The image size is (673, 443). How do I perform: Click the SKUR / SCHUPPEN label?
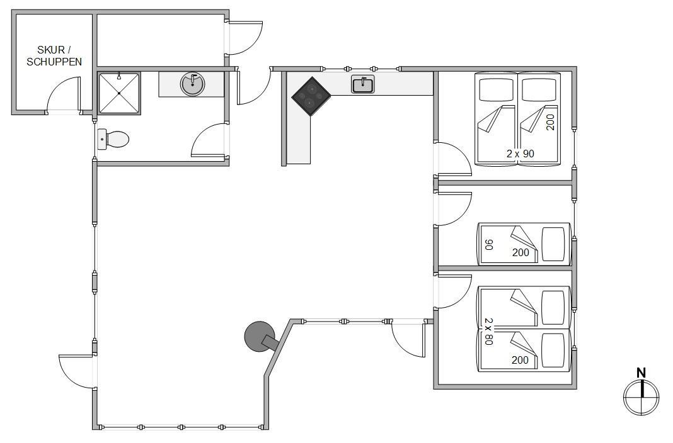(54, 56)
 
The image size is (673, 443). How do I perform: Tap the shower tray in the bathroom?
(119, 93)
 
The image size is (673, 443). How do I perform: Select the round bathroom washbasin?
(192, 84)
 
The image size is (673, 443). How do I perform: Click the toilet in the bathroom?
(113, 139)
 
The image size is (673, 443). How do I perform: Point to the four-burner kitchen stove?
(311, 96)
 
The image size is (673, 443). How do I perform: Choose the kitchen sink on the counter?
(363, 84)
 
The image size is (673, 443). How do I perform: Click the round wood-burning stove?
(260, 337)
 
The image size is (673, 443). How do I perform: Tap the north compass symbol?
(641, 398)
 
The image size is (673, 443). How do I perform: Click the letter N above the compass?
(641, 373)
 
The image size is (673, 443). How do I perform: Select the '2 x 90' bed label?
(521, 154)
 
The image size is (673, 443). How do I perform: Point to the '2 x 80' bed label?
(489, 331)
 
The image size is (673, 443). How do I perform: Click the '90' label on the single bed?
(489, 245)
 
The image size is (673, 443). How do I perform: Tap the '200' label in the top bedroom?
(551, 122)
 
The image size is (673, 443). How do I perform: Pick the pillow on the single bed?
(553, 244)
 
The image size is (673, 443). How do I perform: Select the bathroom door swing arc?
(209, 140)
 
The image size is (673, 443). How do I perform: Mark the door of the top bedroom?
(453, 159)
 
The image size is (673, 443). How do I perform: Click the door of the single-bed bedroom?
(453, 209)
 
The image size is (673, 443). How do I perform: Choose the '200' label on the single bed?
(521, 252)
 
